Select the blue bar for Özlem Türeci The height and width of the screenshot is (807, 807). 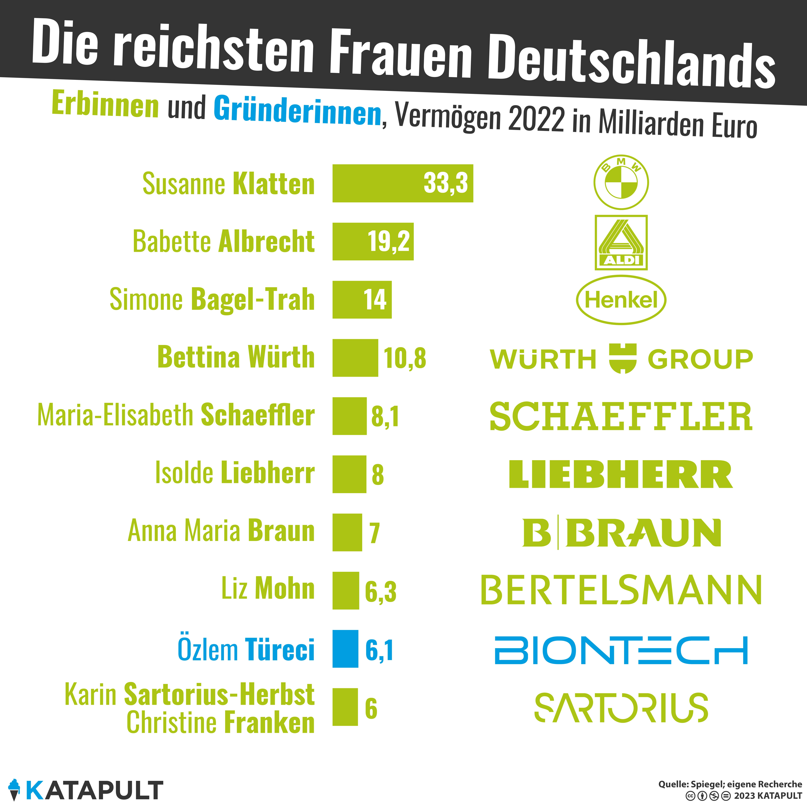(x=345, y=649)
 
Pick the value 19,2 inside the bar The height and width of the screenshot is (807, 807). (x=388, y=241)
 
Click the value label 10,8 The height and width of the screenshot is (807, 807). (x=405, y=358)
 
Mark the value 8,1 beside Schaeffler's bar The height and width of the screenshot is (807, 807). (x=385, y=416)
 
